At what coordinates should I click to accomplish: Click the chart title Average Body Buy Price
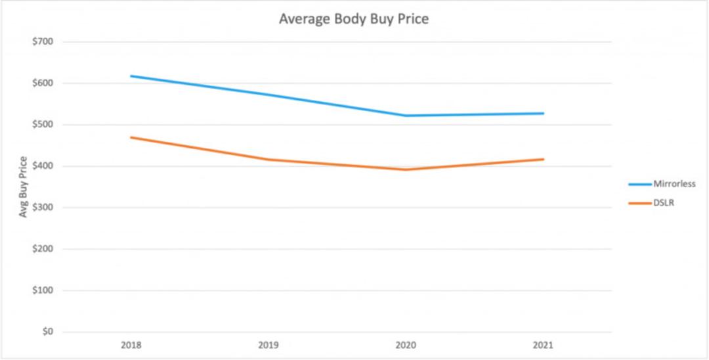coord(354,20)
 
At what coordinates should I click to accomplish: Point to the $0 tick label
coord(47,332)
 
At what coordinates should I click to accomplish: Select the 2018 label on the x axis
coord(131,346)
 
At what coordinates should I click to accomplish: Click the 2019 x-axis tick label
coord(269,346)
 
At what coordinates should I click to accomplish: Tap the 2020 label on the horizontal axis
coord(406,346)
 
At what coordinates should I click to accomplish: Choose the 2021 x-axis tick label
coord(544,346)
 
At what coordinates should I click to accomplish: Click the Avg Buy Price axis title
coord(23,187)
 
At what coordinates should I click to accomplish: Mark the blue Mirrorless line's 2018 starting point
coord(131,76)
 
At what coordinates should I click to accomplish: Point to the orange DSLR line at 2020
coord(406,169)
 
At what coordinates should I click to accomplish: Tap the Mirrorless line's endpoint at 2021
coord(544,113)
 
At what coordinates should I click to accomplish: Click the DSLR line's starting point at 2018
coord(131,137)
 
